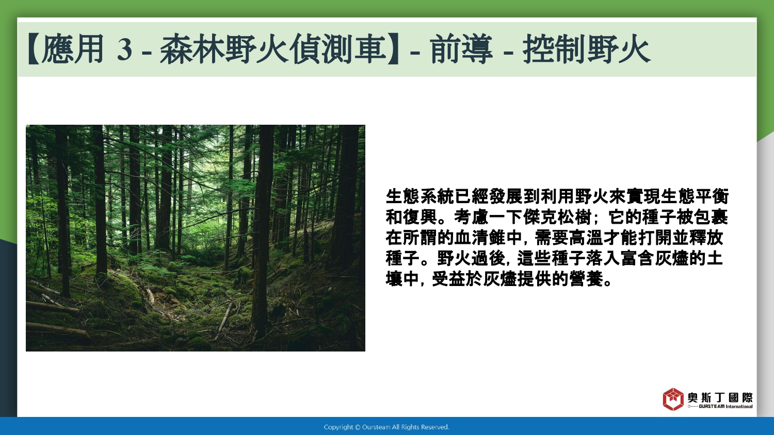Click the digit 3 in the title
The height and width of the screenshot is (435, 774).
point(124,49)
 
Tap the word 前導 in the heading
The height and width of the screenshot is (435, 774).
point(461,48)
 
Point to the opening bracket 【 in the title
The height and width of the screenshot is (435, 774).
point(33,48)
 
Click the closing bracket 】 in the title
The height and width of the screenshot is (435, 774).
point(393,48)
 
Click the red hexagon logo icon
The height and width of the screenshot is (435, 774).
point(673,399)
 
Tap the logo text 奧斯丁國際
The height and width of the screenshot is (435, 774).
point(720,397)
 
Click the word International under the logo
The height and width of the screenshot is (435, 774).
point(739,406)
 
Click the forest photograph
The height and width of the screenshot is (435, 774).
point(196,238)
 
